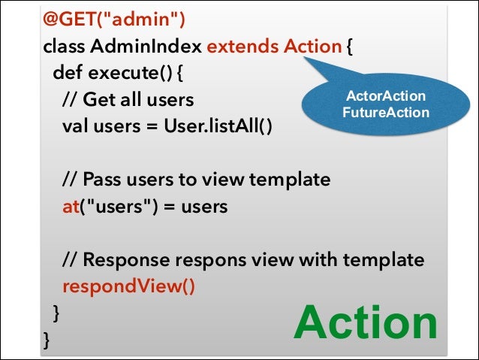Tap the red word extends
[x=242, y=47]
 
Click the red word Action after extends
[x=312, y=47]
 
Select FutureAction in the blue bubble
[x=385, y=113]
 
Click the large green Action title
[x=366, y=324]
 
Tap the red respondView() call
[x=128, y=286]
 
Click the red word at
[x=71, y=206]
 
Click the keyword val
[x=76, y=126]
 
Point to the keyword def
[x=68, y=74]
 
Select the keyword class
[x=65, y=47]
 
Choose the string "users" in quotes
[x=113, y=206]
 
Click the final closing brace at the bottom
[x=47, y=340]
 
